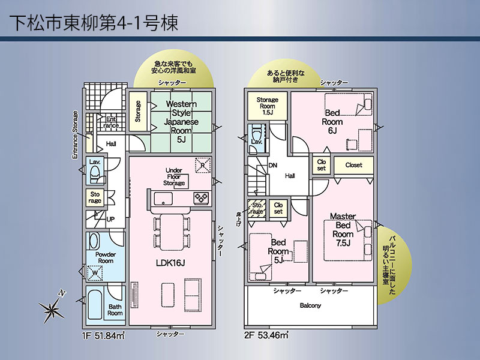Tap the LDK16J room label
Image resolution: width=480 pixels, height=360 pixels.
click(170, 263)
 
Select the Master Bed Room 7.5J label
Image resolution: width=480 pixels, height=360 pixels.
click(343, 230)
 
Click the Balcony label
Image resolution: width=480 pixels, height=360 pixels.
click(310, 305)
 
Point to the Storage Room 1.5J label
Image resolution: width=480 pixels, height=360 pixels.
click(267, 106)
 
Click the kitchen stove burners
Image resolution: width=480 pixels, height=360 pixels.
click(201, 197)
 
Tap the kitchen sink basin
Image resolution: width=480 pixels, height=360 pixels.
click(163, 199)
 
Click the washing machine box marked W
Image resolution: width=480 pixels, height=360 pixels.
click(95, 273)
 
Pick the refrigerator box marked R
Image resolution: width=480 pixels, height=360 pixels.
click(203, 166)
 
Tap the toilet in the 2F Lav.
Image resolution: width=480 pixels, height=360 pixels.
click(256, 132)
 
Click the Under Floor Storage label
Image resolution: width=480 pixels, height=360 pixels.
click(174, 176)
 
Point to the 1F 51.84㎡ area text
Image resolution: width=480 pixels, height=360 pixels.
click(103, 335)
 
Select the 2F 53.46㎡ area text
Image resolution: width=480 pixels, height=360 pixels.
click(266, 335)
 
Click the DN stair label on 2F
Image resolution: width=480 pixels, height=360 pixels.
click(273, 166)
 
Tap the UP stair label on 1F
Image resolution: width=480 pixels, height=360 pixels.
click(110, 219)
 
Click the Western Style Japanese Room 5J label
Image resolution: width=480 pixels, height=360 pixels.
click(181, 122)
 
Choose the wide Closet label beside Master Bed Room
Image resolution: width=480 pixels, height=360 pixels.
click(353, 165)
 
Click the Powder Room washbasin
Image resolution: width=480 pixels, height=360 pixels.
click(94, 241)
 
